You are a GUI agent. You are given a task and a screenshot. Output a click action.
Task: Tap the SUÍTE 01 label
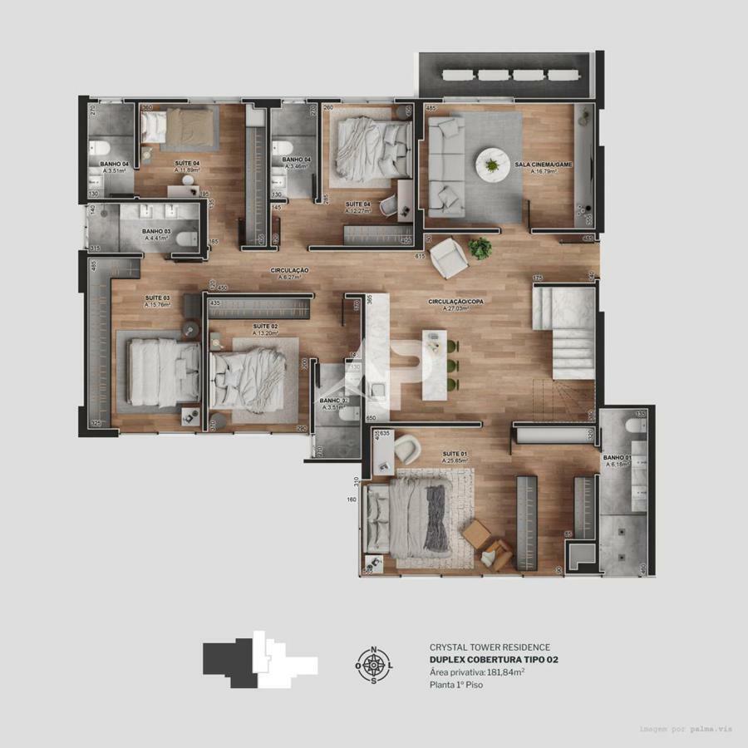[455, 454]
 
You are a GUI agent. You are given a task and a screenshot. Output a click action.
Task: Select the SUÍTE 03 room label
[157, 297]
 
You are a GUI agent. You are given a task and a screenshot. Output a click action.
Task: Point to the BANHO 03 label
[156, 231]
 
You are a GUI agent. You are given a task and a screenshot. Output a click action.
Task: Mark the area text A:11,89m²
[189, 170]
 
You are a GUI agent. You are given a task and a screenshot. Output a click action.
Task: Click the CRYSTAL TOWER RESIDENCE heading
[490, 647]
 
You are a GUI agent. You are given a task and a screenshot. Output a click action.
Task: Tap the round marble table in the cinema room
[490, 164]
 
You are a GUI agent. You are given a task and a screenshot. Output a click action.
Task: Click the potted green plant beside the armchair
[480, 247]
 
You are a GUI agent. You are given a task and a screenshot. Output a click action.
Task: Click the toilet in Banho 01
[637, 426]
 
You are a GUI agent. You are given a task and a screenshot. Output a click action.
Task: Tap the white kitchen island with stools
[433, 364]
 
